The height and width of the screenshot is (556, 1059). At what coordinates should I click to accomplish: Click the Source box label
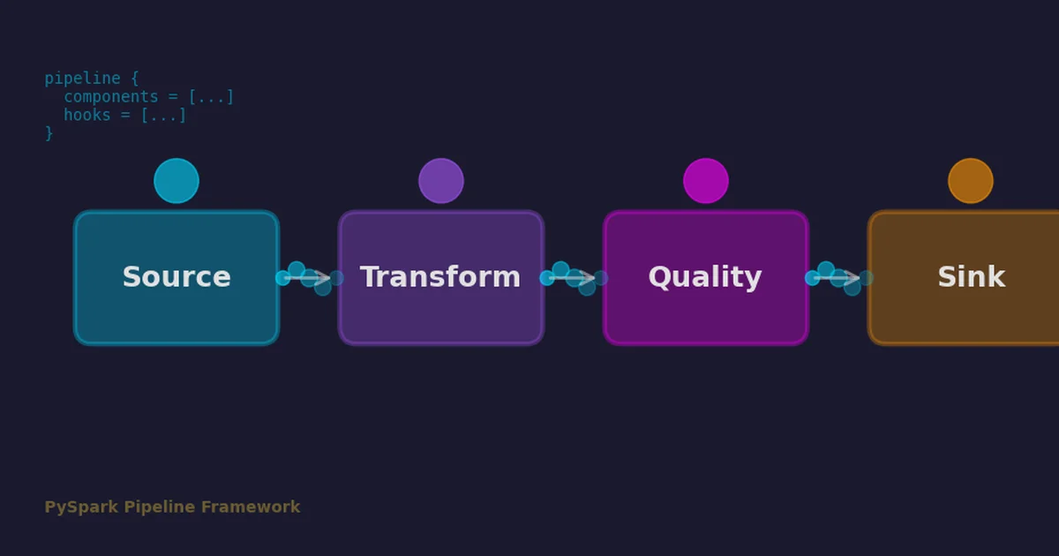(x=176, y=277)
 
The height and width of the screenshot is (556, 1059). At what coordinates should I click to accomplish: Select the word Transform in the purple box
(x=440, y=277)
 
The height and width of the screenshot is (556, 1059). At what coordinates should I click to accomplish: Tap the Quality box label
(x=705, y=277)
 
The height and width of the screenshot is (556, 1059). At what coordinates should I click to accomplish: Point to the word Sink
(x=972, y=277)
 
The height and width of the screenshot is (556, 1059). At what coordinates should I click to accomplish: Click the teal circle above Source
(x=176, y=181)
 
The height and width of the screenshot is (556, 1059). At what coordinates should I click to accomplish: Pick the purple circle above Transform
(x=441, y=181)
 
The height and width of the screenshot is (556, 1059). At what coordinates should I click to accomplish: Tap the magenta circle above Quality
(x=706, y=181)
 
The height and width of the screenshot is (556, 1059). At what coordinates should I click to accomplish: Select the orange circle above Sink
(x=971, y=181)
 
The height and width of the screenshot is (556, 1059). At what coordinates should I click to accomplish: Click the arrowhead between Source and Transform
(x=322, y=277)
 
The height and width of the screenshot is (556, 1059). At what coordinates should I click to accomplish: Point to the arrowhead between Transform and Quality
(x=587, y=277)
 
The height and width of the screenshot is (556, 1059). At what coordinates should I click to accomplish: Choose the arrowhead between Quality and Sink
(x=852, y=277)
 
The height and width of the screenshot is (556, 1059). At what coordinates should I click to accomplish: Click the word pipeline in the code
(x=82, y=79)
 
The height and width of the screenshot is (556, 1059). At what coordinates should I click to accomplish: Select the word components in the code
(x=111, y=97)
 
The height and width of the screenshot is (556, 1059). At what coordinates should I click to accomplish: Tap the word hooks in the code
(x=87, y=115)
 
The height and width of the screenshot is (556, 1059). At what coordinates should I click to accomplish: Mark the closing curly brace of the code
(x=49, y=133)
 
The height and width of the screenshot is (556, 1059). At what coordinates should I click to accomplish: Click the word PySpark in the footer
(x=81, y=507)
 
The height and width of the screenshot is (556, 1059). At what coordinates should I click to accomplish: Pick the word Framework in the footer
(x=251, y=507)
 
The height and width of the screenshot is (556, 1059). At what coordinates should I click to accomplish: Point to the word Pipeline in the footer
(x=160, y=507)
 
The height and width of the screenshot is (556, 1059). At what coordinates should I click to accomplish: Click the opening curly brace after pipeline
(x=135, y=79)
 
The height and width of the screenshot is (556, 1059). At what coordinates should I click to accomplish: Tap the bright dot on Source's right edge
(x=282, y=278)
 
